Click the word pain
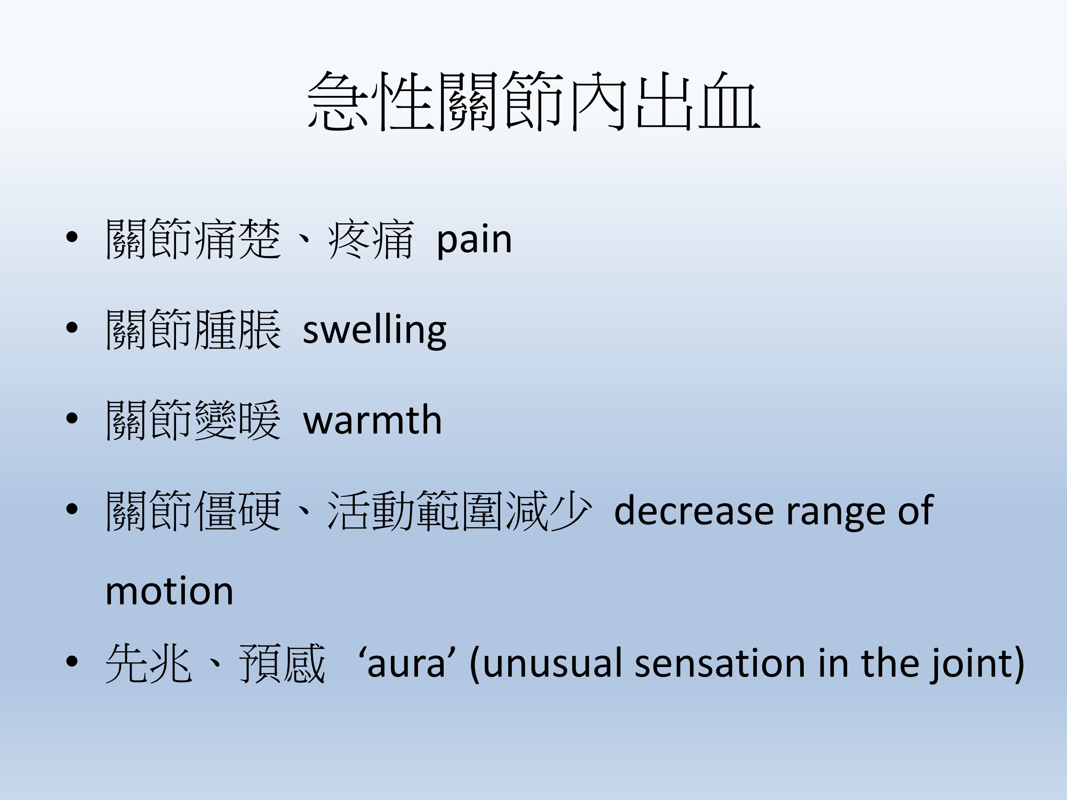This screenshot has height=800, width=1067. [474, 240]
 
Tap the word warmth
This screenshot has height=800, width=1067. [372, 420]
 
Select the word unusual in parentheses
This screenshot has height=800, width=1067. [551, 664]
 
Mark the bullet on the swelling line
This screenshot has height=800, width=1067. [72, 328]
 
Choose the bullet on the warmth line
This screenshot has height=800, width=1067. [72, 418]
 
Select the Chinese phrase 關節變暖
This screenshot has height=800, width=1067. [193, 420]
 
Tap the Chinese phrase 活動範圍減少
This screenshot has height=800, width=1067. [459, 510]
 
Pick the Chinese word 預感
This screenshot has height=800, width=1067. [282, 663]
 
